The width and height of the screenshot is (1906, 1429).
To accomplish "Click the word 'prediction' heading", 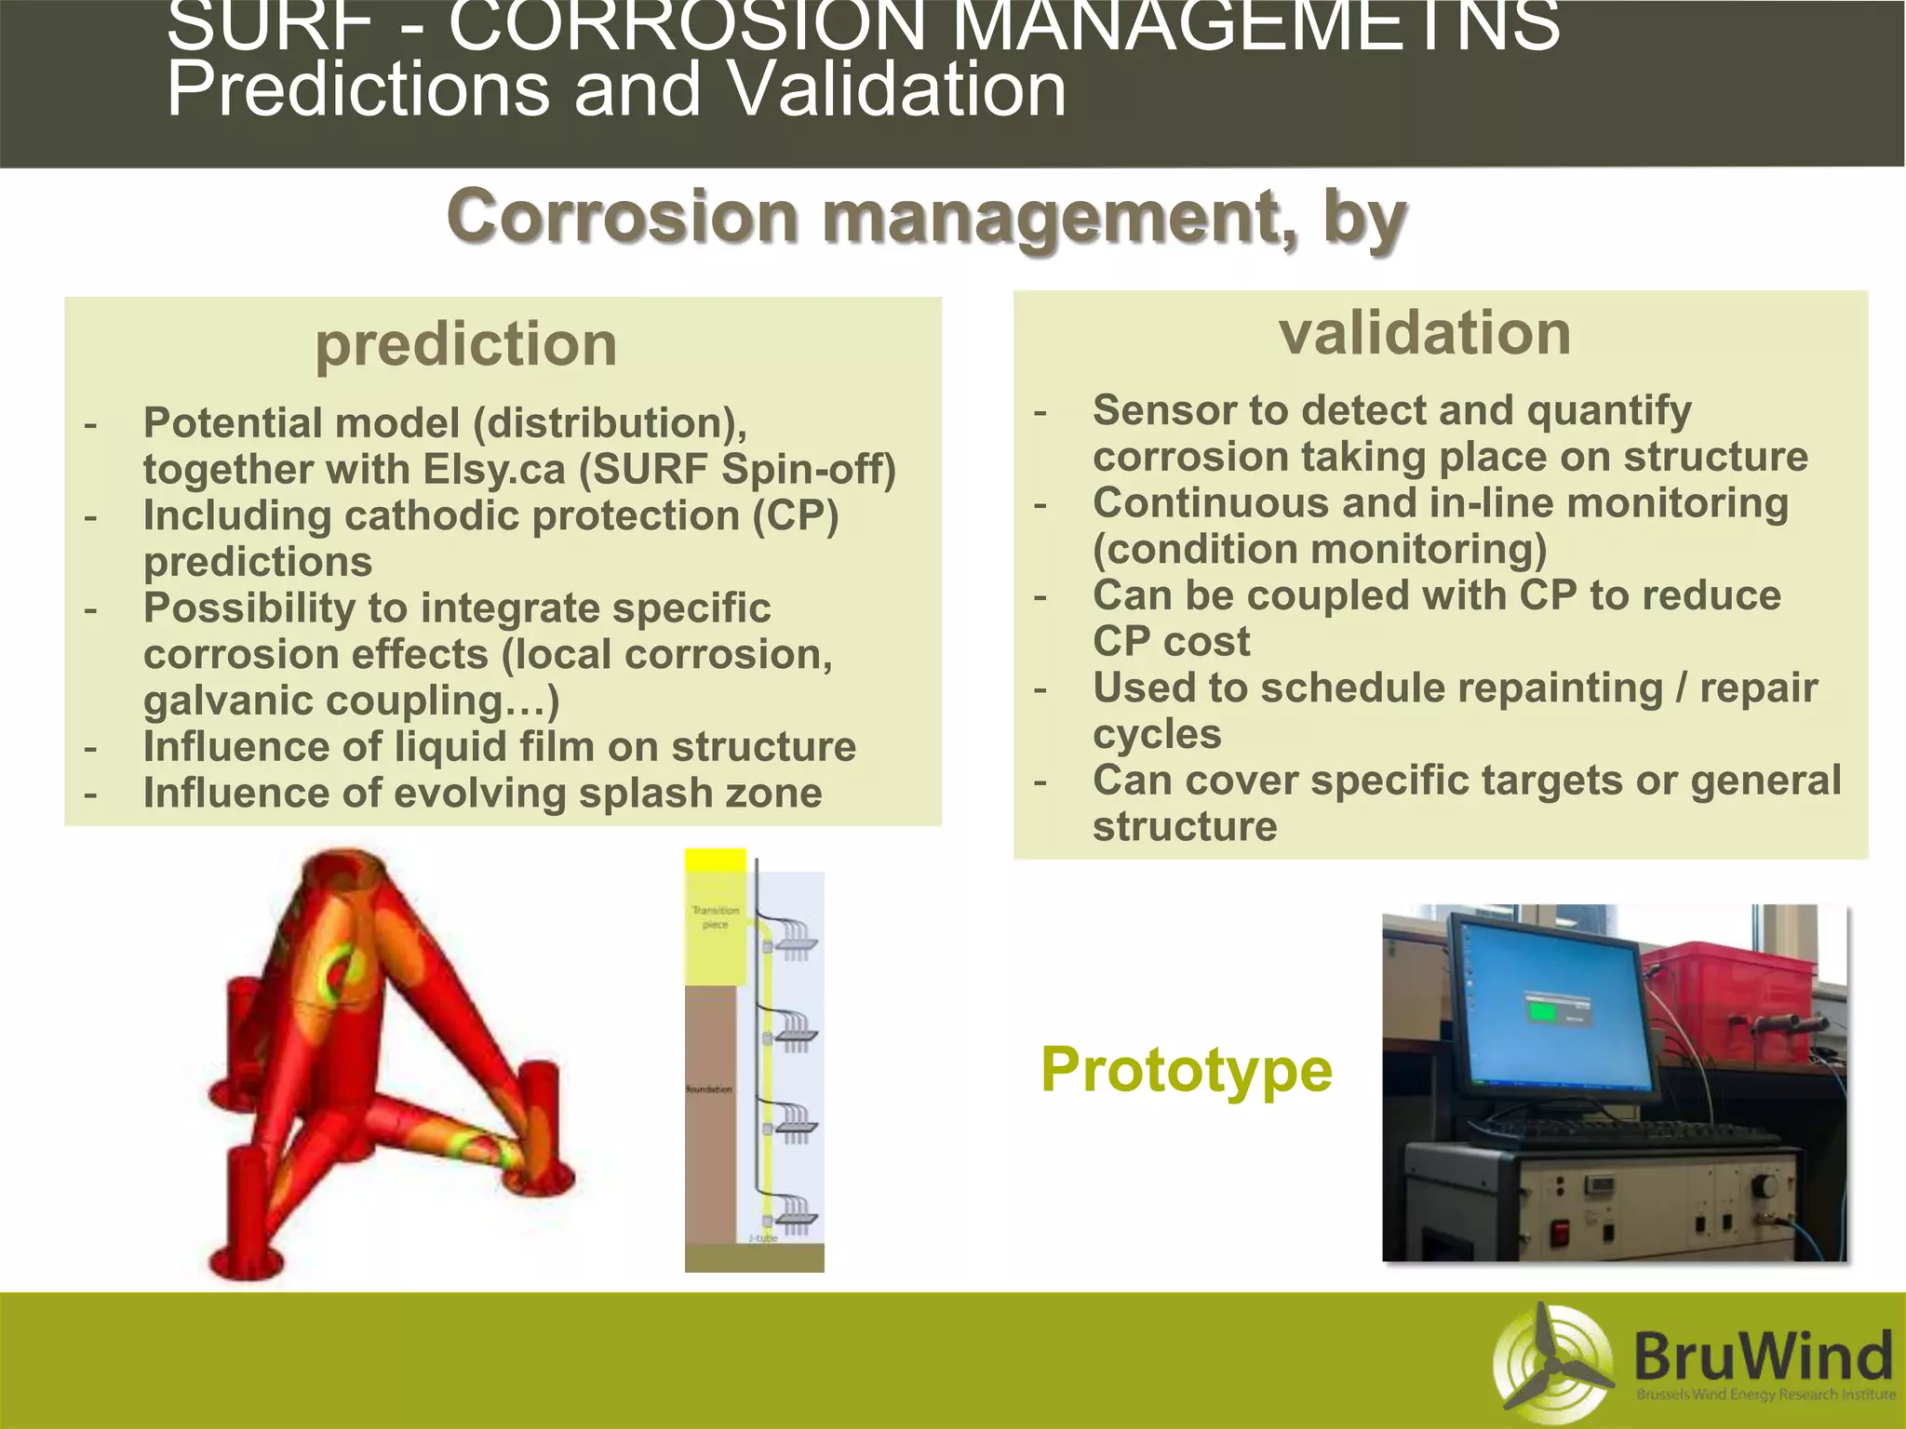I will (x=465, y=344).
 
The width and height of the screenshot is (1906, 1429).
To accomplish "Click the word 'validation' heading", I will (x=1424, y=333).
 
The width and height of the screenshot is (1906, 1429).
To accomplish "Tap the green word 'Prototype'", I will (x=1187, y=1070).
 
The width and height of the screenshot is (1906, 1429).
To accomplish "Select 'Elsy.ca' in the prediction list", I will (x=493, y=469).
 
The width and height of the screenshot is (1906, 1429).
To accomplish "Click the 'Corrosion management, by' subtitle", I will (x=926, y=216).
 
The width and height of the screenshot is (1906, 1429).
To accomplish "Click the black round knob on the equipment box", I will (x=1764, y=1186).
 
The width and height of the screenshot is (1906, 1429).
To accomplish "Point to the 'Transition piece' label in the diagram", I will (x=715, y=917).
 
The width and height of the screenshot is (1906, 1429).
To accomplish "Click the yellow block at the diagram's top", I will (x=715, y=861).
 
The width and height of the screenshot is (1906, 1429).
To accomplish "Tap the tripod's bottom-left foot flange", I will (x=244, y=1262).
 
